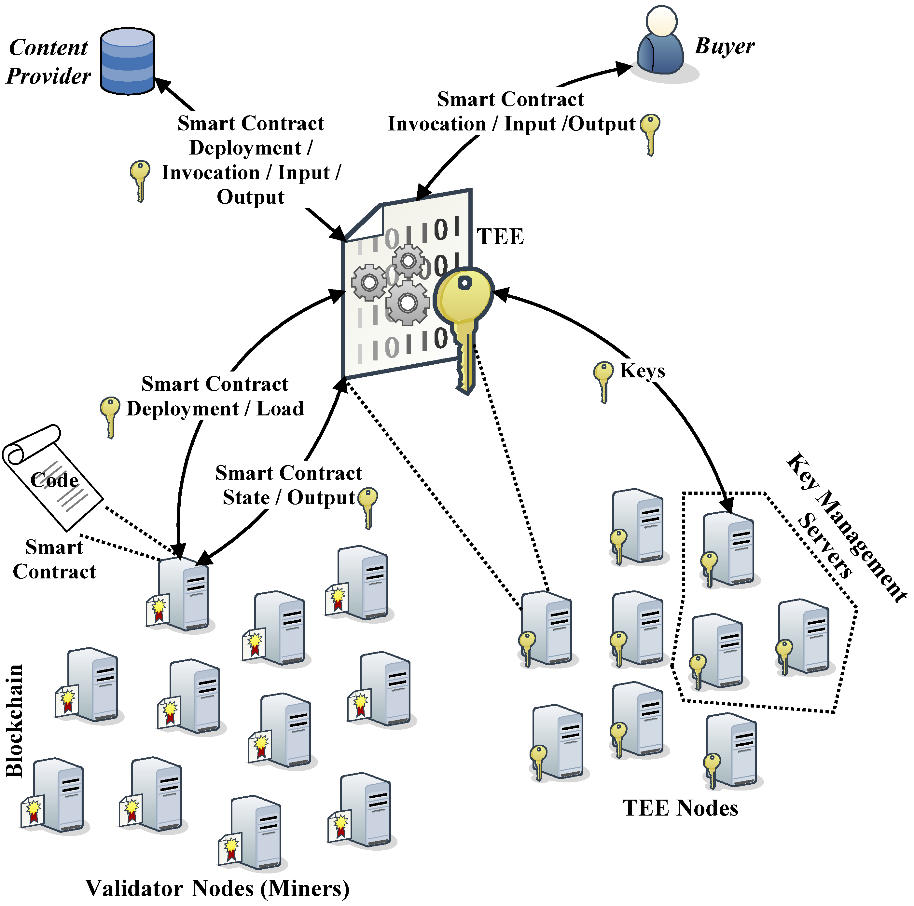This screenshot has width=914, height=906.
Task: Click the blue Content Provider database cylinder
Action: coord(127,61)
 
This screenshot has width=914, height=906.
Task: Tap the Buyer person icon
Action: coord(660,43)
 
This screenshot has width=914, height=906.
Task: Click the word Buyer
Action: coord(724,46)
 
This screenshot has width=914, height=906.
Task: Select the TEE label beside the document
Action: coord(500,237)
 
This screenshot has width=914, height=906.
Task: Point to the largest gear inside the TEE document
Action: coord(407,303)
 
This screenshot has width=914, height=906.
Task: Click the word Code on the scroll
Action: coord(54,480)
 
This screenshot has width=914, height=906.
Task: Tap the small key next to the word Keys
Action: coord(603,381)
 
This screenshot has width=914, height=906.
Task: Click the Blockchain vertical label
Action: coord(14,721)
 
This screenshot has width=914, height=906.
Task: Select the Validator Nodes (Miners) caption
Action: coord(218,888)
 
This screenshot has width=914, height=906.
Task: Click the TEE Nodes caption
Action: coord(680,808)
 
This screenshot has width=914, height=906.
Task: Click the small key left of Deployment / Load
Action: coord(110,416)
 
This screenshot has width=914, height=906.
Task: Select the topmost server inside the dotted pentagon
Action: coord(728,548)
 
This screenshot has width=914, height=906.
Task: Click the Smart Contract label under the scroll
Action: coord(54,560)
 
